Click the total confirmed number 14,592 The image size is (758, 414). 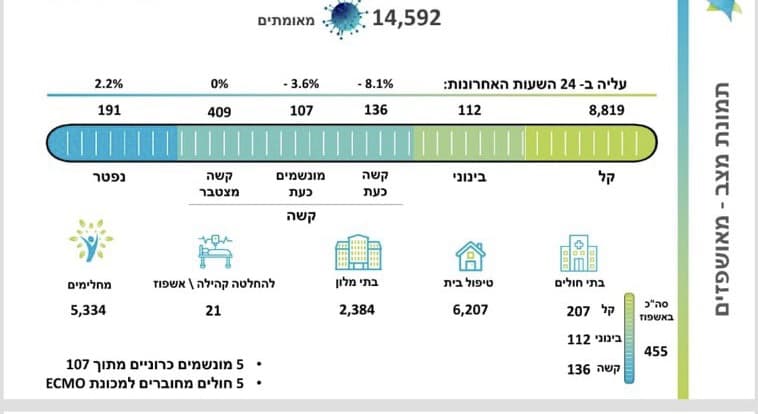(x=406, y=18)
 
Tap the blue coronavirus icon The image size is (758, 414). (x=344, y=18)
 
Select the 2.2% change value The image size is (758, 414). (x=109, y=84)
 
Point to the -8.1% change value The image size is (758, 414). (x=376, y=84)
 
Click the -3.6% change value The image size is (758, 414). (x=301, y=84)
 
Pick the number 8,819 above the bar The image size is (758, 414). (x=607, y=110)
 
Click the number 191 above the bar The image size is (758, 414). (x=109, y=110)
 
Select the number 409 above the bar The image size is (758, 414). (x=219, y=112)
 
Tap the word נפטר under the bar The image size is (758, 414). (x=109, y=177)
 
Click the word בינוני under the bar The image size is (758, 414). (x=469, y=177)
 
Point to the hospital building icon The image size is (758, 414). (x=579, y=253)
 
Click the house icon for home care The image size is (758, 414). (x=470, y=256)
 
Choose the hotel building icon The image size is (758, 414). (x=358, y=252)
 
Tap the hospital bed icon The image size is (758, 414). (x=215, y=251)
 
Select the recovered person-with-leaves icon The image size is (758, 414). (x=91, y=240)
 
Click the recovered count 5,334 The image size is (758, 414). (x=88, y=310)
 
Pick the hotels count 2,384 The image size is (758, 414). (x=357, y=310)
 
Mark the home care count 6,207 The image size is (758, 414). (x=470, y=310)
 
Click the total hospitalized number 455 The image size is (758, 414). (x=656, y=351)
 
